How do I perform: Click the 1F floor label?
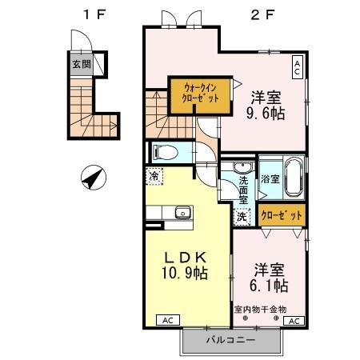click(95, 14)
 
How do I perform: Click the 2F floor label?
click(262, 14)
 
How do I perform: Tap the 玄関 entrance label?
click(82, 64)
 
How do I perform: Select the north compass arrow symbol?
click(94, 178)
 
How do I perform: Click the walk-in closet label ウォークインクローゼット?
click(200, 93)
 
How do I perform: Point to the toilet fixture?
click(166, 153)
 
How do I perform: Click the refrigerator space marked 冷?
click(154, 176)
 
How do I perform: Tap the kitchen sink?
click(183, 213)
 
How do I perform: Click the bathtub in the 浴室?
click(294, 178)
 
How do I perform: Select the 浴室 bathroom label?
click(270, 179)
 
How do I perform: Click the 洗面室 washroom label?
click(243, 190)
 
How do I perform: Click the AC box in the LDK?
click(168, 320)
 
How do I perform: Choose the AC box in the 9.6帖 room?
click(298, 67)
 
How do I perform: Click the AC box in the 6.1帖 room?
click(294, 321)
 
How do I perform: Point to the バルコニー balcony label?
click(230, 340)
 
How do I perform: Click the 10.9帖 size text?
click(185, 273)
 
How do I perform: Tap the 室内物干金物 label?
click(261, 310)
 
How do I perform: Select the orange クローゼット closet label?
click(282, 215)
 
